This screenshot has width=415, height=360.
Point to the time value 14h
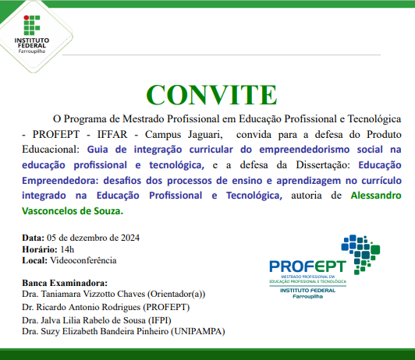click(56, 249)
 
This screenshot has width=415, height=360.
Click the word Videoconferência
click(83, 259)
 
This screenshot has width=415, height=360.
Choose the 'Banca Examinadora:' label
click(64, 283)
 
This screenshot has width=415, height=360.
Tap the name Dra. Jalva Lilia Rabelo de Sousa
click(83, 319)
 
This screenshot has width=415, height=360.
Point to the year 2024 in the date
click(128, 238)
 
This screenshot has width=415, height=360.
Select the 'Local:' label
click(34, 259)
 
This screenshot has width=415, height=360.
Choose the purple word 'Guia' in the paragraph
click(98, 148)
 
